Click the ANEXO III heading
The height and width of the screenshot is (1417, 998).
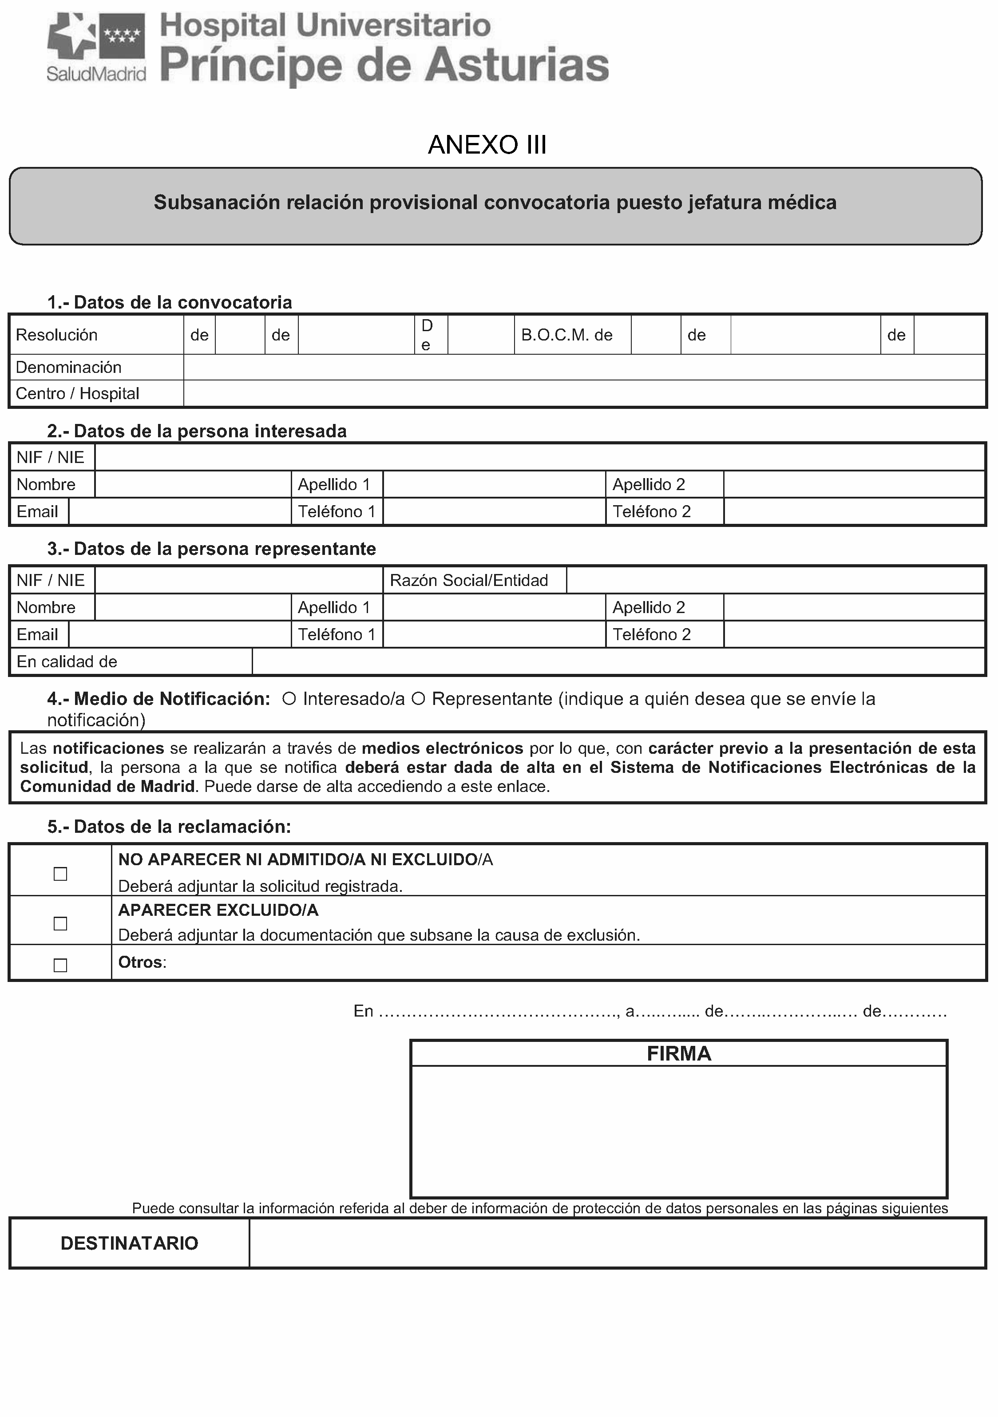pos(487,145)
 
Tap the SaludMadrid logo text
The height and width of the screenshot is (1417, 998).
pos(96,74)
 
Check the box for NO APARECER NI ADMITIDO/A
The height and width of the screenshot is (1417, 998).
pos(60,874)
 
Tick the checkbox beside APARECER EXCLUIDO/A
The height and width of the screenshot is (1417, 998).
pos(60,923)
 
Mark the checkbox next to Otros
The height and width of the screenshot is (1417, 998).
pos(60,965)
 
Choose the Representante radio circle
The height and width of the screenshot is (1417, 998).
pos(419,699)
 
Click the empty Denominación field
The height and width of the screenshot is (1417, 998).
pos(584,367)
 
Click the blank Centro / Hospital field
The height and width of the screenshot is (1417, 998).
pos(584,394)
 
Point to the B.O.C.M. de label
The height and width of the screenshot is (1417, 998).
pos(566,335)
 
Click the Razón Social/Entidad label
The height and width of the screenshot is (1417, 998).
pos(469,580)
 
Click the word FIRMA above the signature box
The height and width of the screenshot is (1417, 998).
pos(679,1053)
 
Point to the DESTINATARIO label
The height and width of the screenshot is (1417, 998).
pos(130,1243)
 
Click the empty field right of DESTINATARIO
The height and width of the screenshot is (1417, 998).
pos(617,1243)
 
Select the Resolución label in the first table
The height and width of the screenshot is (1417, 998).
pos(57,335)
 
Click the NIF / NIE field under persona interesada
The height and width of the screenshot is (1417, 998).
pos(539,457)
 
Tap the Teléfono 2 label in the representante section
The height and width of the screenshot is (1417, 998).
pos(652,634)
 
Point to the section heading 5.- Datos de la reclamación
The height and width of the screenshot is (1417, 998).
pos(169,827)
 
